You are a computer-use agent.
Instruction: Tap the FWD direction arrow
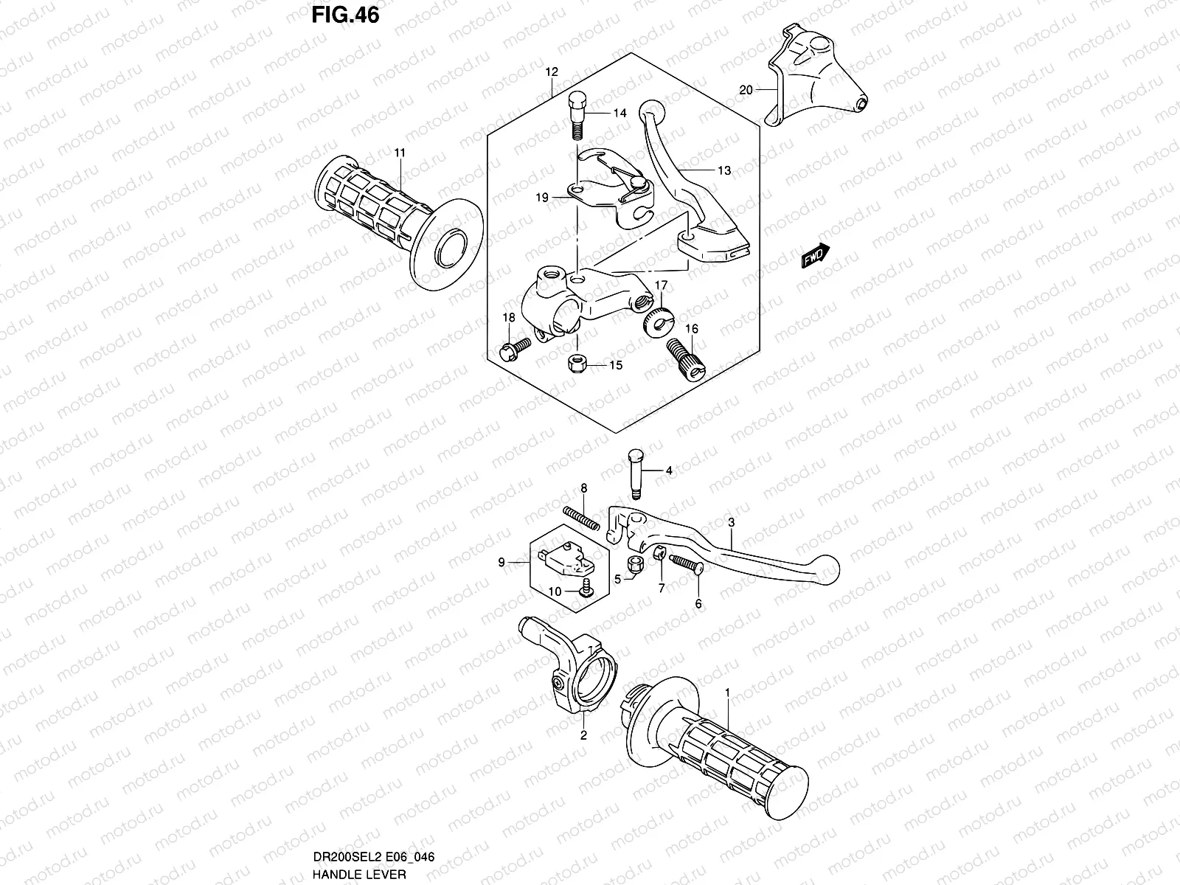tap(816, 256)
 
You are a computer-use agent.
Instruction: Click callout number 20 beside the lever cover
tap(746, 90)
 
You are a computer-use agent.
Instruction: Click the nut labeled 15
tap(577, 364)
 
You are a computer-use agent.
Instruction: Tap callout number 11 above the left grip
tap(400, 153)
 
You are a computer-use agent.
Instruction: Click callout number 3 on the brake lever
tap(731, 523)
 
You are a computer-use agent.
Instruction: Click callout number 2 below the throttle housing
tap(583, 735)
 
